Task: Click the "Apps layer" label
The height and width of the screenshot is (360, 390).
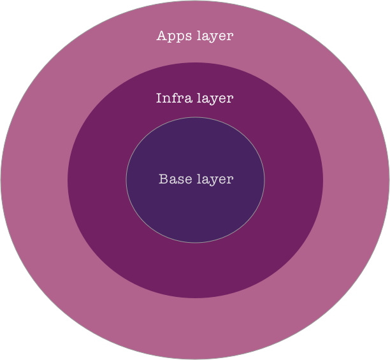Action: pyautogui.click(x=195, y=36)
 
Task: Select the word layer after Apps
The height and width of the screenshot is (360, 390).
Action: pyautogui.click(x=215, y=36)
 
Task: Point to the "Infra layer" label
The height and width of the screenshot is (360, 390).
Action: pyautogui.click(x=194, y=98)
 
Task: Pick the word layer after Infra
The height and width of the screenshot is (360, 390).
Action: pyautogui.click(x=215, y=99)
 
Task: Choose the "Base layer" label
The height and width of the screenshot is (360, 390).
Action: pyautogui.click(x=196, y=179)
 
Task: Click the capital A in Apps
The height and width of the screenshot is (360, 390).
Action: pyautogui.click(x=162, y=36)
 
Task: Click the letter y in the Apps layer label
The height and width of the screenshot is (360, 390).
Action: pyautogui.click(x=215, y=38)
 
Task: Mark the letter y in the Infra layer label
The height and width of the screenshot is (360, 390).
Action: pyautogui.click(x=215, y=100)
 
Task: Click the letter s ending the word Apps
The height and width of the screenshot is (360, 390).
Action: pyautogui.click(x=185, y=36)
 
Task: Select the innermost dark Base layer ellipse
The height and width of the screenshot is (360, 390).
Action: pyautogui.click(x=195, y=210)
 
